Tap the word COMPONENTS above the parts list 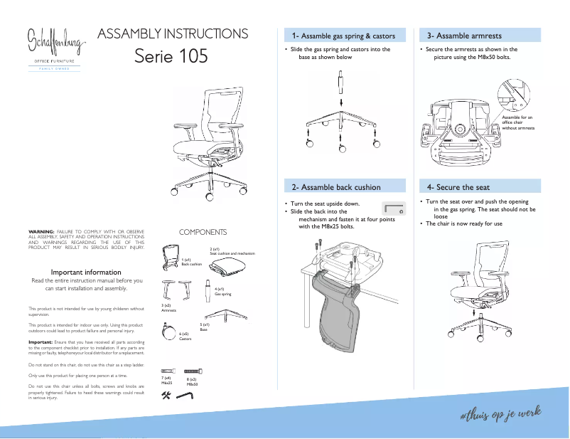click(203, 232)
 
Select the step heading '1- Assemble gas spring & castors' click(343, 36)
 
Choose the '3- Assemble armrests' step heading click(464, 36)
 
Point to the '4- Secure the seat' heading click(458, 187)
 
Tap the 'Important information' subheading click(86, 272)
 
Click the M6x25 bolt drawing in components click(168, 371)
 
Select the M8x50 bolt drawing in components click(195, 371)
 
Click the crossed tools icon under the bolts click(167, 396)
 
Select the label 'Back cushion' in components click(192, 264)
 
